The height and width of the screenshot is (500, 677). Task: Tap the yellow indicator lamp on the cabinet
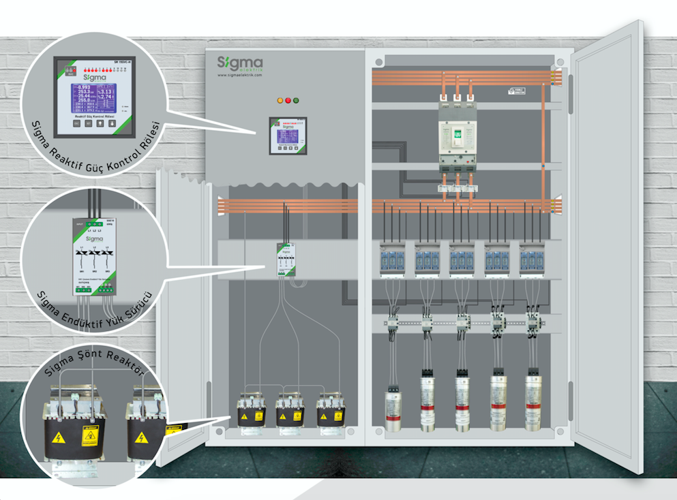coord(279,101)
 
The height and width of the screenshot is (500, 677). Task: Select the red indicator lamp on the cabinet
coord(288,101)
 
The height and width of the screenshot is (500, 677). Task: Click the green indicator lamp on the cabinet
coord(297,101)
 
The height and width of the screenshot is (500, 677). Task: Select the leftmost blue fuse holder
coord(392,260)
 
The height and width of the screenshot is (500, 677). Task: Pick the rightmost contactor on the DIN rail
coord(533,321)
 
